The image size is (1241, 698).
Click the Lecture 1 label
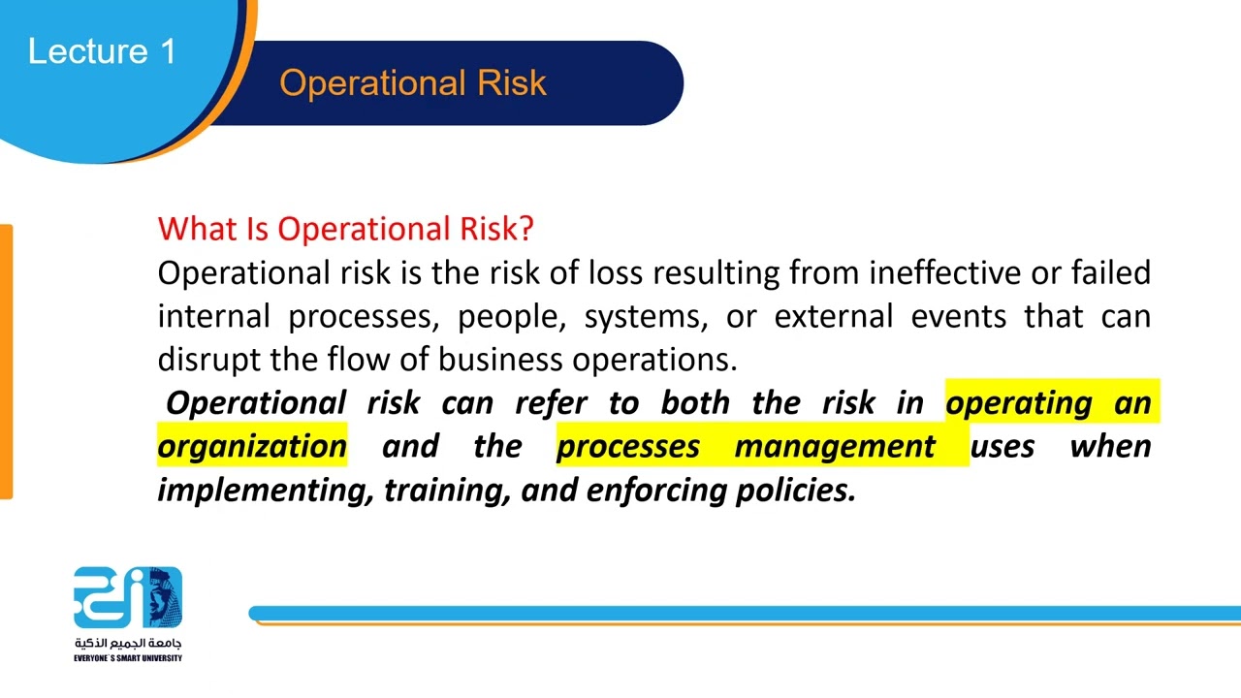coord(102,51)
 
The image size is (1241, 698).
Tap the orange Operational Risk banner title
coord(413,83)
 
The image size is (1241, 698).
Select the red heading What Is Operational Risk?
coord(345,229)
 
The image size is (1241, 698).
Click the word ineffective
coord(944,273)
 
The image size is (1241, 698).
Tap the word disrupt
coord(209,360)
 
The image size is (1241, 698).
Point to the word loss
coord(616,273)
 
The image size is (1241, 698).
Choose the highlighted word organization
coord(252,446)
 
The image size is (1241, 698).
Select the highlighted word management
coord(835,446)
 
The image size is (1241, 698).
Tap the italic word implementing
coord(265,490)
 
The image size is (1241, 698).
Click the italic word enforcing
coord(656,490)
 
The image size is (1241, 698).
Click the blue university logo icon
coord(128,597)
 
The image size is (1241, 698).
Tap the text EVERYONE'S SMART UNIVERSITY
coord(128,658)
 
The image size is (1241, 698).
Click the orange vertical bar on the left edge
coord(6,362)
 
